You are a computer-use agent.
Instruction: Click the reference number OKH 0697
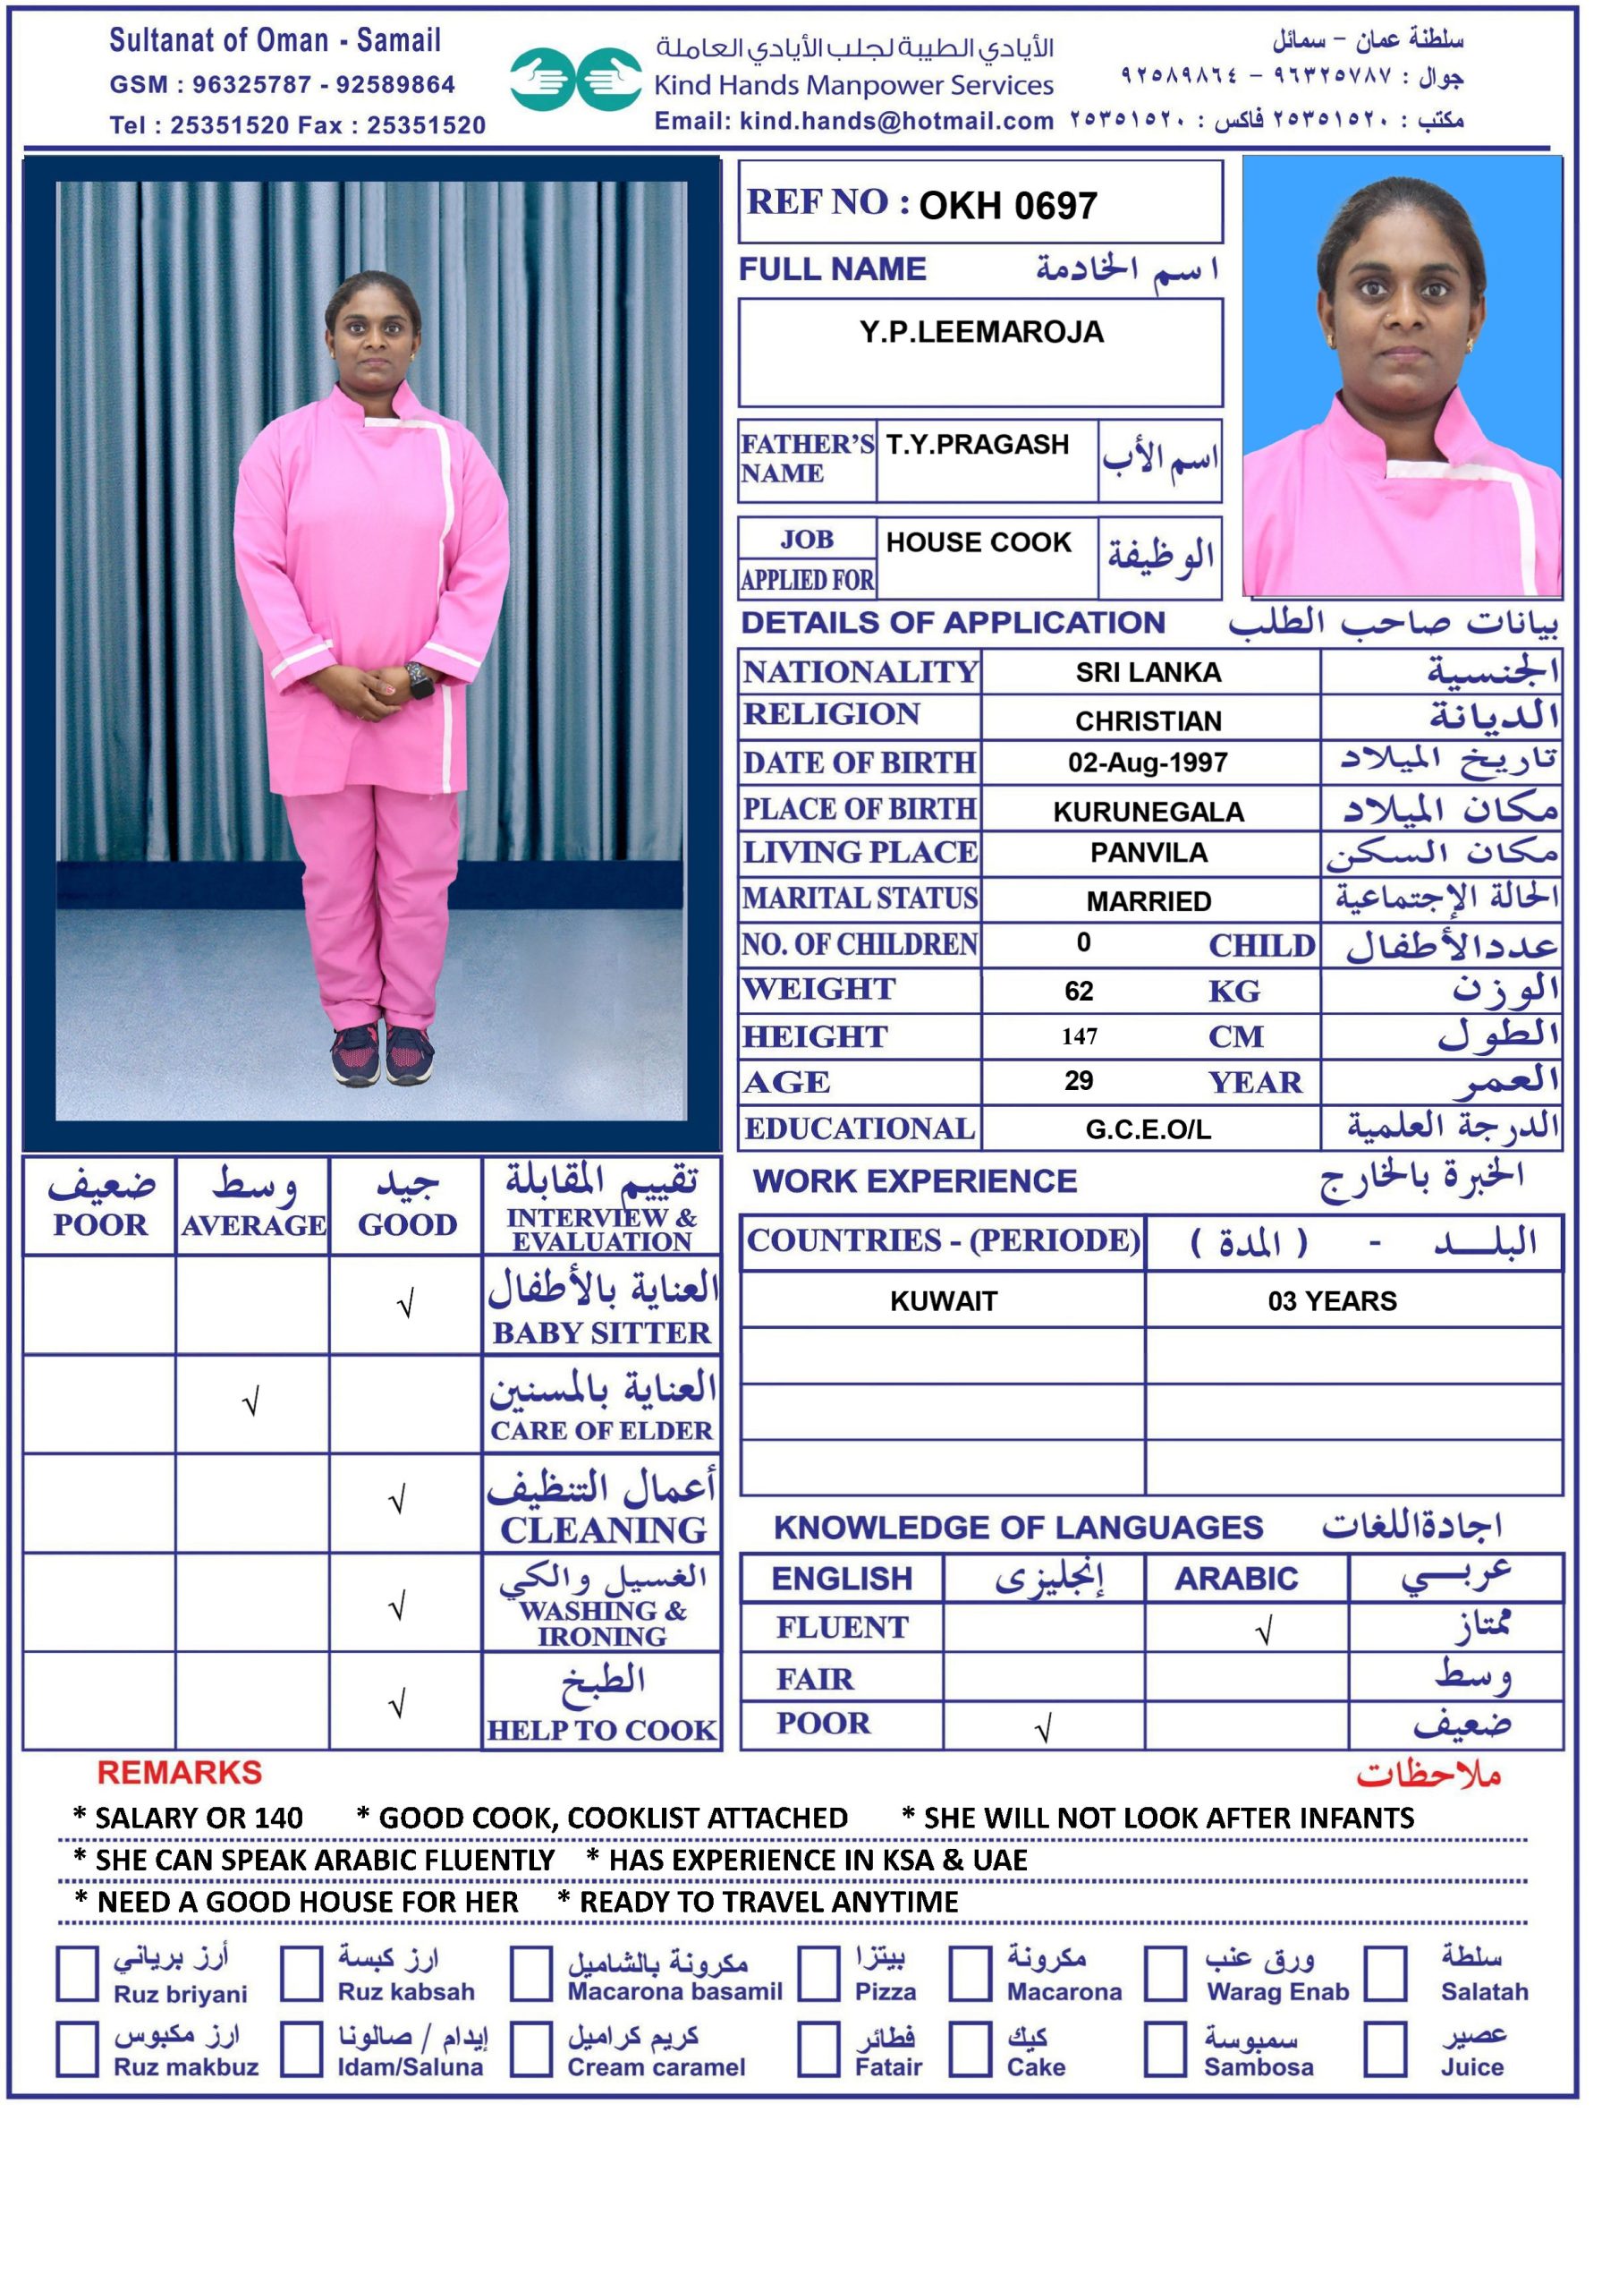click(x=1007, y=207)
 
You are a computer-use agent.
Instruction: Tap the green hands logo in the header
click(x=575, y=79)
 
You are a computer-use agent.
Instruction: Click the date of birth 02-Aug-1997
click(x=1148, y=763)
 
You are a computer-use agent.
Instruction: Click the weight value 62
click(x=1079, y=991)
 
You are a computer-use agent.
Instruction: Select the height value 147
click(x=1080, y=1036)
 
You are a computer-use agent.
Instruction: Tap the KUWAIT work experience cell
click(x=943, y=1301)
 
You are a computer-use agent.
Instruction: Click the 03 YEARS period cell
click(x=1332, y=1301)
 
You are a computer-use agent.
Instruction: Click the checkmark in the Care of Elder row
click(x=250, y=1403)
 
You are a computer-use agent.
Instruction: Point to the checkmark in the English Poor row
click(x=1044, y=1728)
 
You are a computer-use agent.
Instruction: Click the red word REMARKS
click(x=180, y=1772)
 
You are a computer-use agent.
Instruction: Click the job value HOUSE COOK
click(x=978, y=543)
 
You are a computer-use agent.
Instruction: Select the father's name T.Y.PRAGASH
click(x=977, y=445)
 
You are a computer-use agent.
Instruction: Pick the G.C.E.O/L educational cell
click(x=1149, y=1129)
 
